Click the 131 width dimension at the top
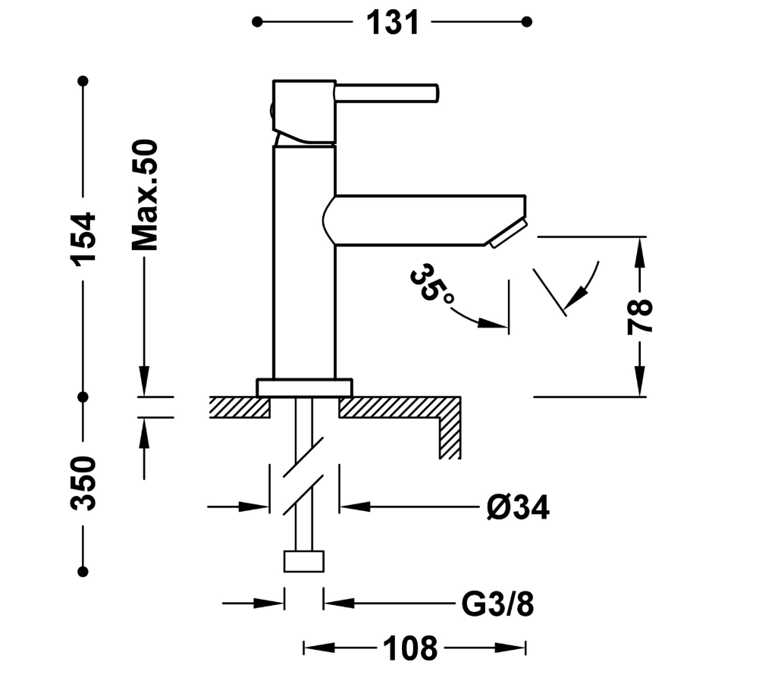point(393,23)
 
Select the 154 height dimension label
point(83,238)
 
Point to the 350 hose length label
point(83,483)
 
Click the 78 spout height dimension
point(641,317)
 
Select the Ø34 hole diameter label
point(519,507)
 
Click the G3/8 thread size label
point(497,604)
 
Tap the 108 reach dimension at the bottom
point(409,648)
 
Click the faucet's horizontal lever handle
point(387,93)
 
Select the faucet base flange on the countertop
point(304,387)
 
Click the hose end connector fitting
point(304,562)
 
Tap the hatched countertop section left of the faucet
point(239,407)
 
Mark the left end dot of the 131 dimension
point(257,22)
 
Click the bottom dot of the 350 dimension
point(83,572)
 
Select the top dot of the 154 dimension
point(83,80)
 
